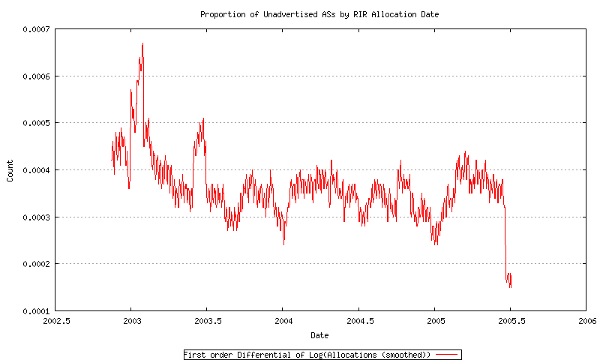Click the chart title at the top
pyautogui.click(x=319, y=14)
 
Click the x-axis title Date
pyautogui.click(x=319, y=335)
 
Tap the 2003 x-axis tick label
pyautogui.click(x=130, y=321)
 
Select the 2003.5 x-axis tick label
pyautogui.click(x=206, y=321)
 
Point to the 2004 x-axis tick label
pyautogui.click(x=282, y=321)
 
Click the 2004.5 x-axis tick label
pyautogui.click(x=358, y=321)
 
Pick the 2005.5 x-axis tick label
pyautogui.click(x=510, y=321)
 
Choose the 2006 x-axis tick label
pyautogui.click(x=586, y=321)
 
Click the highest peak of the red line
pyautogui.click(x=142, y=43)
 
